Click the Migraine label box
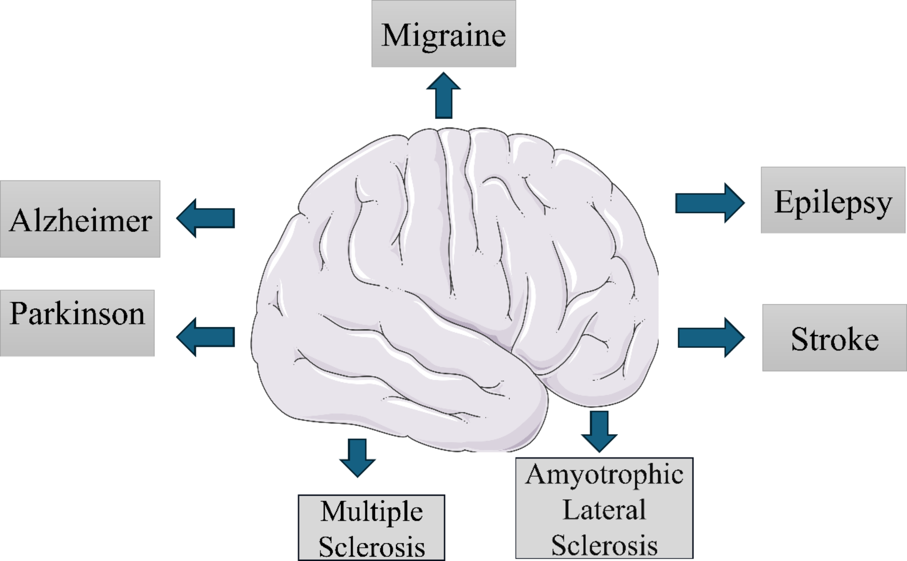point(443,34)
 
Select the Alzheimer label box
point(80,219)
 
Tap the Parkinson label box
point(77,323)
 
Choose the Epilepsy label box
point(833,200)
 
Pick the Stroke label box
point(834,338)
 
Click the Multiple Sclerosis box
point(371,527)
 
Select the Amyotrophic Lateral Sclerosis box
point(604,508)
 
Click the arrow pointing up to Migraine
point(443,96)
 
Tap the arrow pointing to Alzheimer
point(206,218)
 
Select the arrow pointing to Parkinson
point(206,337)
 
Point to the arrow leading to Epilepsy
point(709,203)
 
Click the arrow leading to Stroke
point(711,337)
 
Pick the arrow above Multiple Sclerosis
point(357,457)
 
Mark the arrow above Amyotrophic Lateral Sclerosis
point(599,431)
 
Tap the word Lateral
point(604,510)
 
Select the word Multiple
point(371,512)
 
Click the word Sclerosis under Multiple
point(371,546)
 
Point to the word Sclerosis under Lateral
point(604,545)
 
